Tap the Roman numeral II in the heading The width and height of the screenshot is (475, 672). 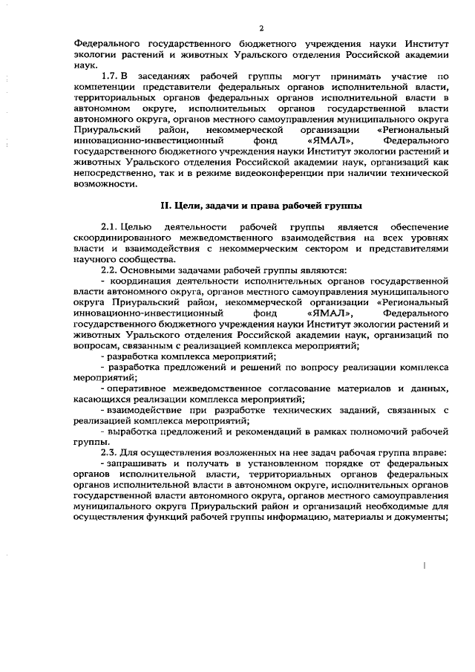167,204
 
